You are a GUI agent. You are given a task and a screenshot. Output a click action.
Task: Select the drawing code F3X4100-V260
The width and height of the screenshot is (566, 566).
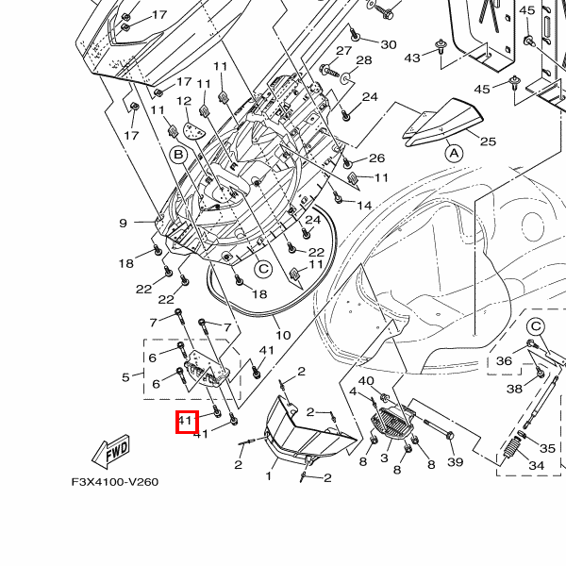coord(115,482)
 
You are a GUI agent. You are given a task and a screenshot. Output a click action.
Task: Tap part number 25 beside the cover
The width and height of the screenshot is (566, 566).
coord(488,141)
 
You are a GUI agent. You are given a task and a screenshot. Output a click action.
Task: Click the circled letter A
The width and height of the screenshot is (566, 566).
coord(453,152)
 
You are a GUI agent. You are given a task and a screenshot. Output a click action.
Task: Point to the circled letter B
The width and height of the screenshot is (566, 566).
coord(176,153)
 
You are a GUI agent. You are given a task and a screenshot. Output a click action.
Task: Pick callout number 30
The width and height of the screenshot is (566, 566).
coord(389,44)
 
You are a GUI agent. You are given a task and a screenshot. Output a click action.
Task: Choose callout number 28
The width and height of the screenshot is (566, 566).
coord(364,60)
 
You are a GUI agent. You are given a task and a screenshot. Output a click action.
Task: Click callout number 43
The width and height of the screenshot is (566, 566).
coord(412,58)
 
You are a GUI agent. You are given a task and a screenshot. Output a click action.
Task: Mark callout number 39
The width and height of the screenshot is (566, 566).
coord(456,462)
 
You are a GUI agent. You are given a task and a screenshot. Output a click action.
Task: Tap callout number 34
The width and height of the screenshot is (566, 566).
coord(536,466)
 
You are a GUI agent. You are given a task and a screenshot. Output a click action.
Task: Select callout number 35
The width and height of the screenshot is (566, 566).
coord(549,445)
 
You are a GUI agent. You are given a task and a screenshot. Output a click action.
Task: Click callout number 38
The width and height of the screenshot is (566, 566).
coord(514,389)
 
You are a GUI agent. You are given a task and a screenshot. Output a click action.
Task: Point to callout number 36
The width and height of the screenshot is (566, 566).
coord(504,361)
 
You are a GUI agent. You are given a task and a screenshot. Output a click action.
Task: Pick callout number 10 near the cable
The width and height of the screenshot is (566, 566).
coord(283,335)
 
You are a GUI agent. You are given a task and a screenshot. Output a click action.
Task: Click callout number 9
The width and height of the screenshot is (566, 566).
coord(123,224)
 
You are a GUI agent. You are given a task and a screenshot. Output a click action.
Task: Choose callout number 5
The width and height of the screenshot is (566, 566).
coord(125,377)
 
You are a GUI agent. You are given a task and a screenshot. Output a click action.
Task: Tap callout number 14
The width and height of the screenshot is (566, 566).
coord(364,205)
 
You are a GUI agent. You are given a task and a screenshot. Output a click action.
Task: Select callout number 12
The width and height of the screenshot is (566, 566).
coord(184,101)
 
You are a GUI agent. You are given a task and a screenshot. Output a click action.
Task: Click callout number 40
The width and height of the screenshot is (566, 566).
coord(367,381)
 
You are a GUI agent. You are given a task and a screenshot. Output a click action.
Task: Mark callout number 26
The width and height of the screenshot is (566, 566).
coord(377,158)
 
